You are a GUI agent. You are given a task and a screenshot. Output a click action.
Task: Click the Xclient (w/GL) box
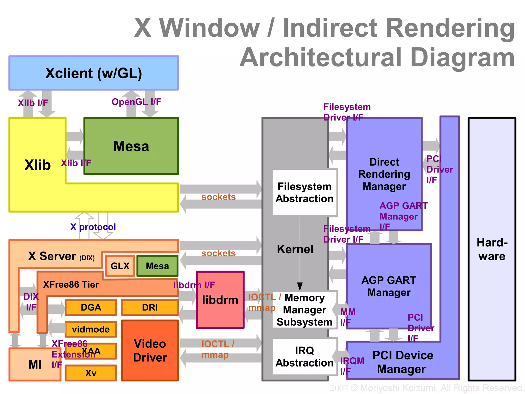tap(94, 73)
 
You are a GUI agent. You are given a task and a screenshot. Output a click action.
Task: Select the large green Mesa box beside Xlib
tap(131, 146)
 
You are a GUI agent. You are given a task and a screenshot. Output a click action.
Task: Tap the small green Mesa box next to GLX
tap(157, 266)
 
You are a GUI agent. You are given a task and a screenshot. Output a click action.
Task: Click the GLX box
tap(120, 266)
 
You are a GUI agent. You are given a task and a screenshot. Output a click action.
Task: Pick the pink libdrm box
tap(220, 300)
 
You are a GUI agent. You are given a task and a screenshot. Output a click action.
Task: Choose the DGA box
tap(91, 307)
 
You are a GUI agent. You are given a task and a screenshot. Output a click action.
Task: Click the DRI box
tap(150, 307)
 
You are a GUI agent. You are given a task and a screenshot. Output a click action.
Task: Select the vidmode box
tap(91, 329)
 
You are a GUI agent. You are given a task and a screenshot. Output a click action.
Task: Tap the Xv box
tap(91, 373)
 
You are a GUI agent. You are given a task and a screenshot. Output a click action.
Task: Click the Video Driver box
tap(150, 350)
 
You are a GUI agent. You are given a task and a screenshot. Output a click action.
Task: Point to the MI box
tap(35, 364)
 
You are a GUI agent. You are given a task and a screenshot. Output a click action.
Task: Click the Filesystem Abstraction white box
tap(304, 192)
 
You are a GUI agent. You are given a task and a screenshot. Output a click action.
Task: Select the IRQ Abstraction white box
tap(304, 357)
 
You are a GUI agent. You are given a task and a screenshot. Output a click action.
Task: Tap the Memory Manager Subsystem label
tap(304, 310)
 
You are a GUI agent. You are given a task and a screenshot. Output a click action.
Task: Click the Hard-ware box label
tap(492, 249)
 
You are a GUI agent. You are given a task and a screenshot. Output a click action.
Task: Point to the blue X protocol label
tap(93, 227)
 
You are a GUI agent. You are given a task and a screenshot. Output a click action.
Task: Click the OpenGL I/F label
tap(136, 102)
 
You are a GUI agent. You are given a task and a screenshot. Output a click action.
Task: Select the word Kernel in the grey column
tap(295, 249)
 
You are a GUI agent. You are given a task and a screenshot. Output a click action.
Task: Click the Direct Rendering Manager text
tap(384, 174)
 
